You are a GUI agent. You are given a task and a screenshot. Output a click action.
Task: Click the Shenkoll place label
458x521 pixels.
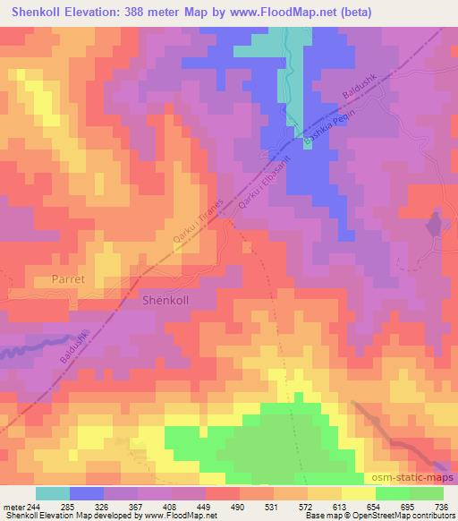click(x=166, y=301)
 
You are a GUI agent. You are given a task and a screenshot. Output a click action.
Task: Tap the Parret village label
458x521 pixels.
click(x=62, y=279)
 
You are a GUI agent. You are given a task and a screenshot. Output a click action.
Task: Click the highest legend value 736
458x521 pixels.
click(x=442, y=507)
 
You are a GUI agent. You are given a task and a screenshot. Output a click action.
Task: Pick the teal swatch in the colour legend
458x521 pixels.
click(x=53, y=493)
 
